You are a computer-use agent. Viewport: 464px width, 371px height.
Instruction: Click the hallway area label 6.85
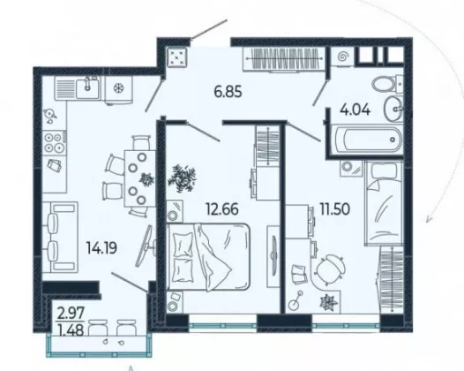point(228,92)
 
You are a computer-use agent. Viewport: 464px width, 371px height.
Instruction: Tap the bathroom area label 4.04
point(355,110)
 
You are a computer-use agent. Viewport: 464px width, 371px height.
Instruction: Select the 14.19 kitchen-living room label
point(101,247)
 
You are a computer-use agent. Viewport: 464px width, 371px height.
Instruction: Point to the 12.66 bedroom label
point(222,209)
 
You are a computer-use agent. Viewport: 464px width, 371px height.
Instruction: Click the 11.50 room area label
point(334,209)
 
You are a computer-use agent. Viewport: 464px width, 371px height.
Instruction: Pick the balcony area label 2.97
point(71,314)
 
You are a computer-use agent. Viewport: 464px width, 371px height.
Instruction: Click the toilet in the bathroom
point(387,84)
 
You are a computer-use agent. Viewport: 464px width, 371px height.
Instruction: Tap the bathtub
point(367,140)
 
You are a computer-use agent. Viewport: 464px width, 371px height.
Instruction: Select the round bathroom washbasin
point(393,109)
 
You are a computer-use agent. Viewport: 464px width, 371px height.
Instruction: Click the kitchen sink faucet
point(87,84)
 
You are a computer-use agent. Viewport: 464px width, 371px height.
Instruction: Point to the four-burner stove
point(55,142)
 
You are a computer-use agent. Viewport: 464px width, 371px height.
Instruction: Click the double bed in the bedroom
point(208,257)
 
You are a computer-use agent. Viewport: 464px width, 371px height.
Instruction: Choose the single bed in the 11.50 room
point(384,203)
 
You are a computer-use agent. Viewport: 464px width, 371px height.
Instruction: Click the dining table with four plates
point(140,178)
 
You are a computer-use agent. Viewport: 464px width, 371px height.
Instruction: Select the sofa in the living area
point(60,237)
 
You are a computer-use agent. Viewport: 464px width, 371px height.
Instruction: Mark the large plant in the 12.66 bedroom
point(183,178)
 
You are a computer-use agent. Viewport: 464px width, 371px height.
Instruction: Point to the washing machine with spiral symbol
point(341,56)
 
